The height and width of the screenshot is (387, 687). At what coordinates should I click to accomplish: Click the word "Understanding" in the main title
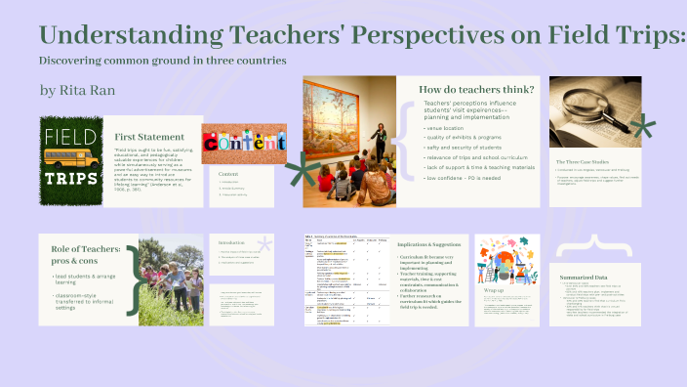point(128,36)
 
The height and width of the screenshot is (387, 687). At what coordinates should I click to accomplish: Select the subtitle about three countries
point(162,61)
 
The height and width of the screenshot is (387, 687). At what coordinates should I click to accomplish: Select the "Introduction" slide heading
point(231,242)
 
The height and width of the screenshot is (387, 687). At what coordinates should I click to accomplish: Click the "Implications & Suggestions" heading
point(428,243)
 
